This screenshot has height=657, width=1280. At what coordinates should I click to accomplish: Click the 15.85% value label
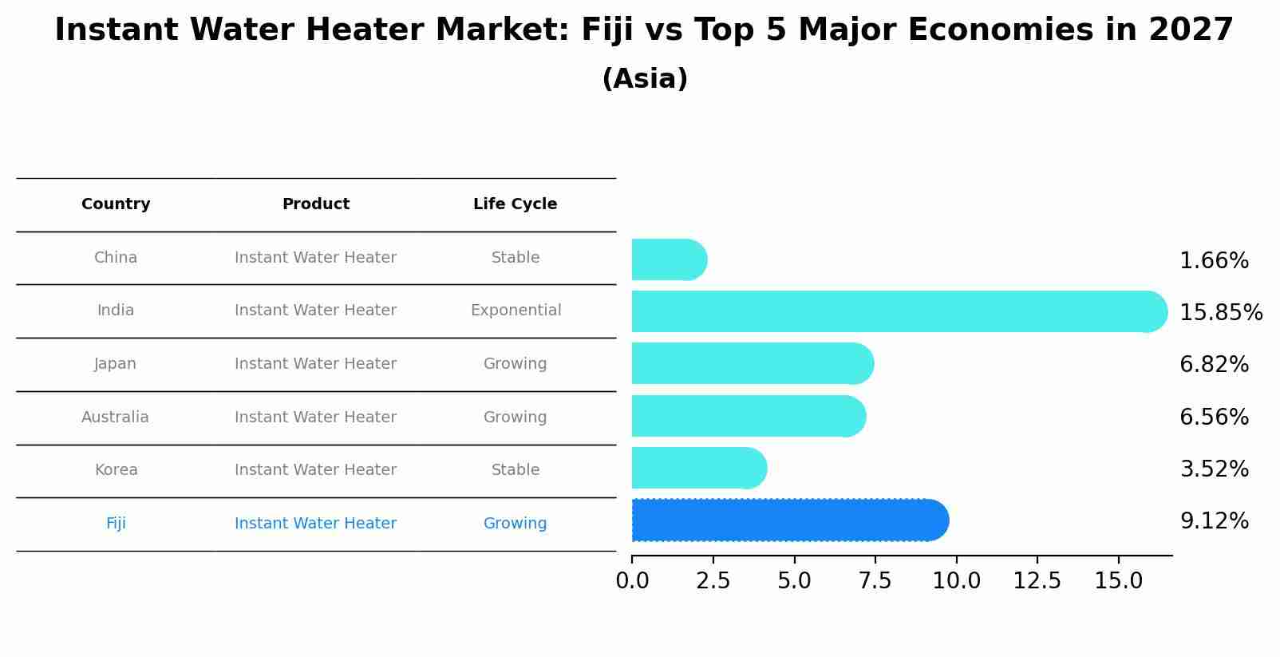[x=1220, y=313]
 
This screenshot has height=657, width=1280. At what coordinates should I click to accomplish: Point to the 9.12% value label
[x=1214, y=521]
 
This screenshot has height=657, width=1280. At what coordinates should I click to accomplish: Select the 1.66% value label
[x=1214, y=261]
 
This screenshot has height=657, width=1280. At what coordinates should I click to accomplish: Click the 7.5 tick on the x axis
[x=875, y=581]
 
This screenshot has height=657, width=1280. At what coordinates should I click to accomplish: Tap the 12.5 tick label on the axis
[x=1037, y=581]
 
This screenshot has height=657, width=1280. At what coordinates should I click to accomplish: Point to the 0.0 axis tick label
[x=632, y=581]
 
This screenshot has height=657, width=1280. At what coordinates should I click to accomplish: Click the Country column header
[x=116, y=204]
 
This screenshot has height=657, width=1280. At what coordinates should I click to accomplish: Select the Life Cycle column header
[x=515, y=204]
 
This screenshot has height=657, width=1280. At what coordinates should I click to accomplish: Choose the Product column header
[x=316, y=204]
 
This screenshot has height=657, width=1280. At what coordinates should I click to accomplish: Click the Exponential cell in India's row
[x=516, y=311]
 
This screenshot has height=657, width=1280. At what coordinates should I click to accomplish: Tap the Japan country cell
[x=116, y=364]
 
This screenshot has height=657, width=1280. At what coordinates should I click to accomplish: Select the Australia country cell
[x=115, y=418]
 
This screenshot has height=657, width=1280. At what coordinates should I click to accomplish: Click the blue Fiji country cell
[x=116, y=524]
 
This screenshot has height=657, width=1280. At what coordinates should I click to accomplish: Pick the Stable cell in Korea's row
[x=516, y=470]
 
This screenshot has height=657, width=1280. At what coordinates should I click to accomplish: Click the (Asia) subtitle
[x=645, y=79]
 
